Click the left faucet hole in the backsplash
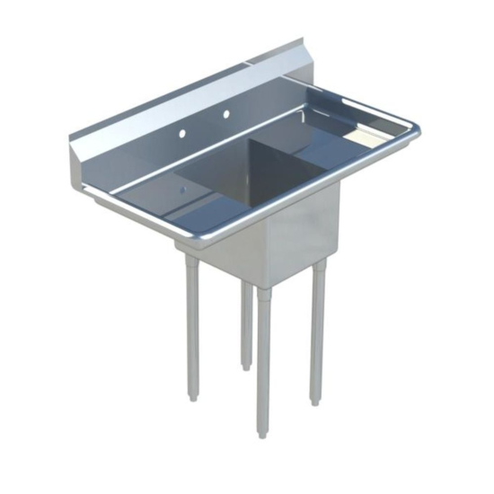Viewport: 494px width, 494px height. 182,132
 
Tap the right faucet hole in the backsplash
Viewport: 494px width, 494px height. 226,114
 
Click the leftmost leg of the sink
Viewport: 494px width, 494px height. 192,323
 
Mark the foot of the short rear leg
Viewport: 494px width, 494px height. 246,364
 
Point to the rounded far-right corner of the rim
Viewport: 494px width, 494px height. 415,131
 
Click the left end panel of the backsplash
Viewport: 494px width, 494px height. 79,162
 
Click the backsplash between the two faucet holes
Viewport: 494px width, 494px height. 205,123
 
